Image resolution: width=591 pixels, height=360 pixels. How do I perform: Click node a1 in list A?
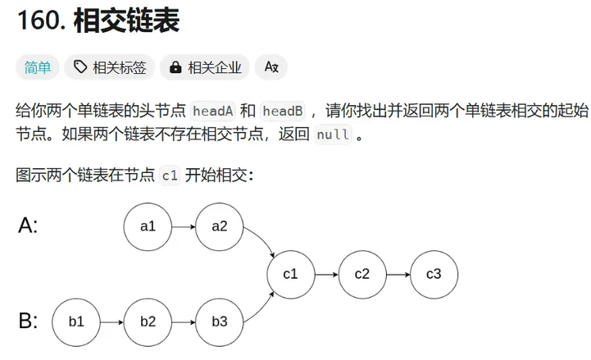[x=148, y=226]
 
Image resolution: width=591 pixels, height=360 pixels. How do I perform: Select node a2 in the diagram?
[x=220, y=226]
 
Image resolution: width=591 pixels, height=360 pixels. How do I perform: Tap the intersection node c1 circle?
[x=291, y=274]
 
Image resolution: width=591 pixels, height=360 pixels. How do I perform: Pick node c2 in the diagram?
[x=362, y=274]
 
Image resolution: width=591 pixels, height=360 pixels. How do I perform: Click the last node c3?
[x=434, y=274]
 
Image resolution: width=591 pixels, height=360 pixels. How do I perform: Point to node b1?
[x=76, y=321]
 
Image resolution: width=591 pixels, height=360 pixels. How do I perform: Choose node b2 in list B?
[x=148, y=321]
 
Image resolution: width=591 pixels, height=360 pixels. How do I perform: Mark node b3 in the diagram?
[x=220, y=321]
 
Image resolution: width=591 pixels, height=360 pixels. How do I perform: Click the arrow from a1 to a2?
[x=184, y=226]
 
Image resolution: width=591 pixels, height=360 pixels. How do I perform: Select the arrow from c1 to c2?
[x=326, y=274]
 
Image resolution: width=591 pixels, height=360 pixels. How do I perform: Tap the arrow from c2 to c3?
[x=398, y=274]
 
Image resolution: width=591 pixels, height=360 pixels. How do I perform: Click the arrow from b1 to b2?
[x=111, y=321]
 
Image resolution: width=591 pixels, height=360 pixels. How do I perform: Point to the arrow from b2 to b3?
[x=184, y=321]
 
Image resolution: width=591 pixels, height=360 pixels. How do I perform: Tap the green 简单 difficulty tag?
[x=37, y=68]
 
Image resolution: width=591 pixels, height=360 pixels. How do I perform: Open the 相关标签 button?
[x=109, y=68]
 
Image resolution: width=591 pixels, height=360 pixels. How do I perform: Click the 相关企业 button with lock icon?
[x=206, y=68]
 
